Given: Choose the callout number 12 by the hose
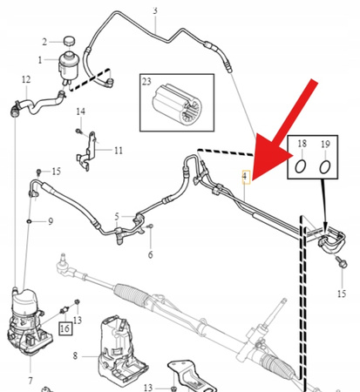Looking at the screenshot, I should (x=25, y=79).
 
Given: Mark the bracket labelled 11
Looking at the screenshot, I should (x=85, y=157).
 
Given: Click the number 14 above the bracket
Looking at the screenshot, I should (x=79, y=111).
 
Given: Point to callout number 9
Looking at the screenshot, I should (x=51, y=221).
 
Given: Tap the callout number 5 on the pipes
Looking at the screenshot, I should (x=117, y=215).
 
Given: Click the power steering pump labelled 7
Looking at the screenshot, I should (x=28, y=318).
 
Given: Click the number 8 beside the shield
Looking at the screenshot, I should (x=76, y=355).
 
